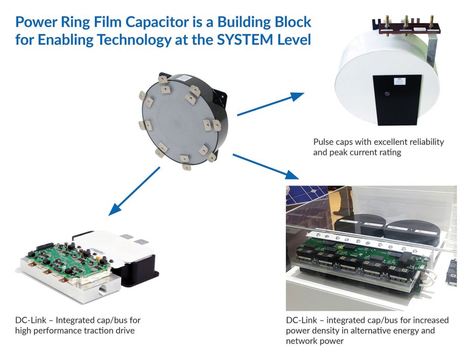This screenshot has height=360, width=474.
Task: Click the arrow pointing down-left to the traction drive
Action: click(134, 190)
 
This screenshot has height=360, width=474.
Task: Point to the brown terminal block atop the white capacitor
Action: click(402, 28)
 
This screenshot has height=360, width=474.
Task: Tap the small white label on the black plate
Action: click(398, 82)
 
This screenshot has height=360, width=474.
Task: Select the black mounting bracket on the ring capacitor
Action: click(221, 93)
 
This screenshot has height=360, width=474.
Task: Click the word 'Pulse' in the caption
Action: click(324, 142)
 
